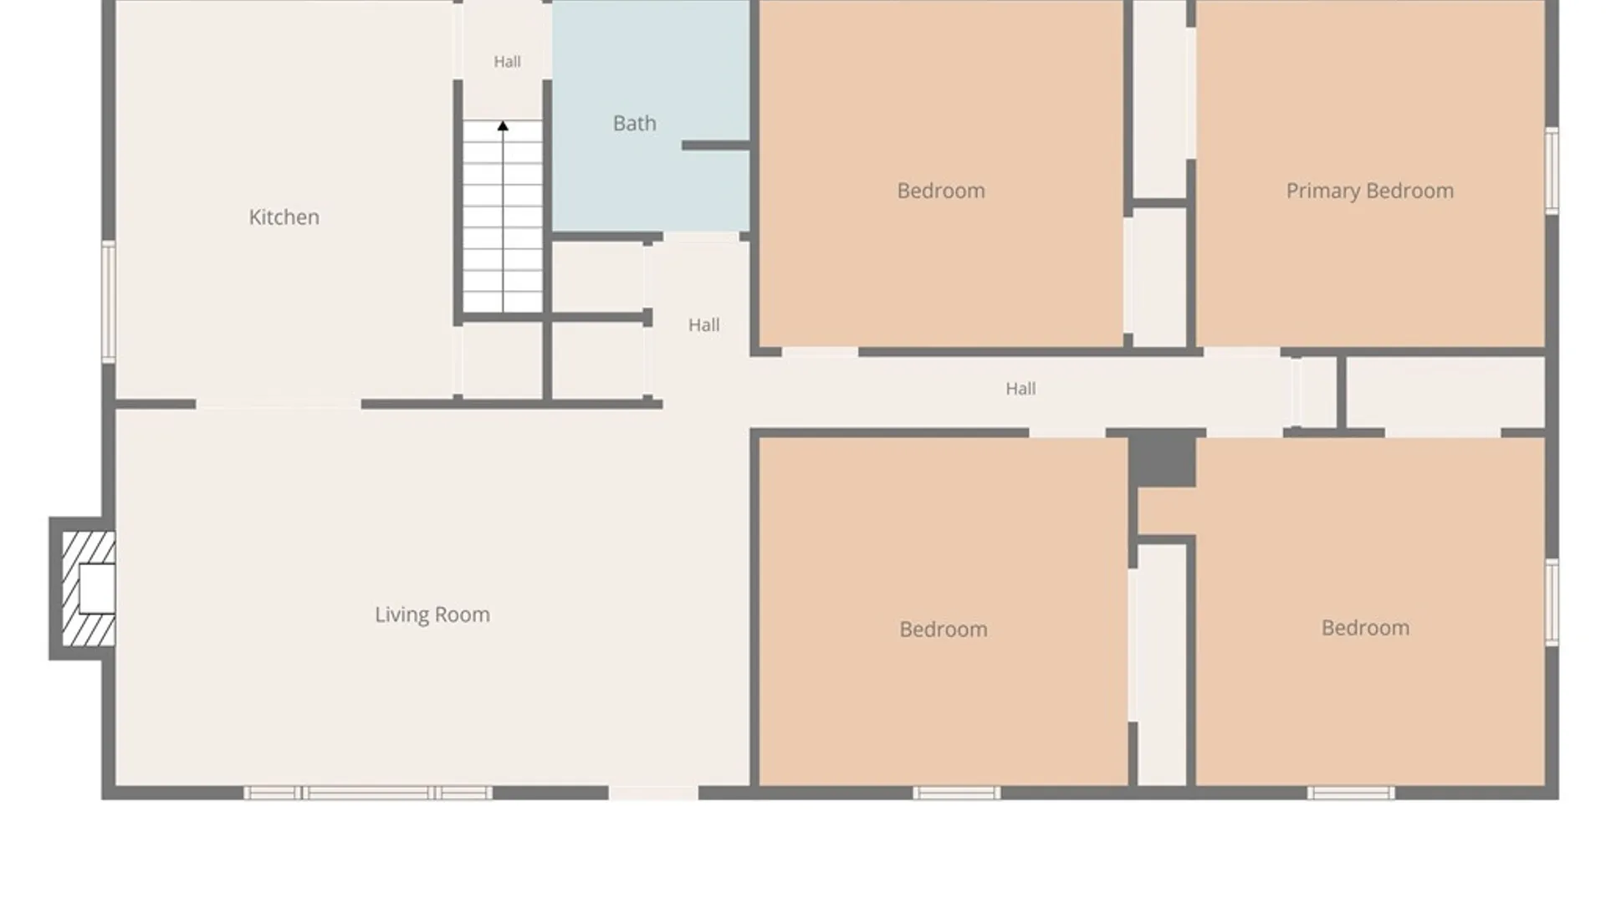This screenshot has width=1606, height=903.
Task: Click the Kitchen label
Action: click(284, 217)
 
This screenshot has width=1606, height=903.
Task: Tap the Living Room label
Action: click(432, 615)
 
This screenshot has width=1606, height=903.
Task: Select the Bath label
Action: click(635, 124)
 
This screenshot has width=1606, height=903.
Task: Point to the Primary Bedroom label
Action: click(1370, 191)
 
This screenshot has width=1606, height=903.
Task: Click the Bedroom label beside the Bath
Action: click(941, 191)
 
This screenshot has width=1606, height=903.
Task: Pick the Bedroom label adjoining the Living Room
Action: click(944, 629)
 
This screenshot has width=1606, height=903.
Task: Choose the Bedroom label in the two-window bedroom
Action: click(1365, 628)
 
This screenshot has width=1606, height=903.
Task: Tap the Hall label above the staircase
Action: click(507, 62)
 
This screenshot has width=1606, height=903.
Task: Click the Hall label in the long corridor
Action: click(1020, 389)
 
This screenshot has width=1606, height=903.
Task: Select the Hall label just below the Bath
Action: click(703, 325)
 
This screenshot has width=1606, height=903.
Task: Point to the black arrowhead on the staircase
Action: click(503, 126)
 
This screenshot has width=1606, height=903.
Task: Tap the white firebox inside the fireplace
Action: click(97, 589)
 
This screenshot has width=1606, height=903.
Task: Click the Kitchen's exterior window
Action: click(109, 302)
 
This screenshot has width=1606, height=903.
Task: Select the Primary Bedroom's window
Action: click(1552, 171)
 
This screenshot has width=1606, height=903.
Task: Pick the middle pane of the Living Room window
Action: click(368, 793)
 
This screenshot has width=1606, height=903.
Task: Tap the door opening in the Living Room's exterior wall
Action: click(653, 793)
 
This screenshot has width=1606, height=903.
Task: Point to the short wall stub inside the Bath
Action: click(715, 145)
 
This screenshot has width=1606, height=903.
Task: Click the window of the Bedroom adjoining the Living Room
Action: click(957, 793)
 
